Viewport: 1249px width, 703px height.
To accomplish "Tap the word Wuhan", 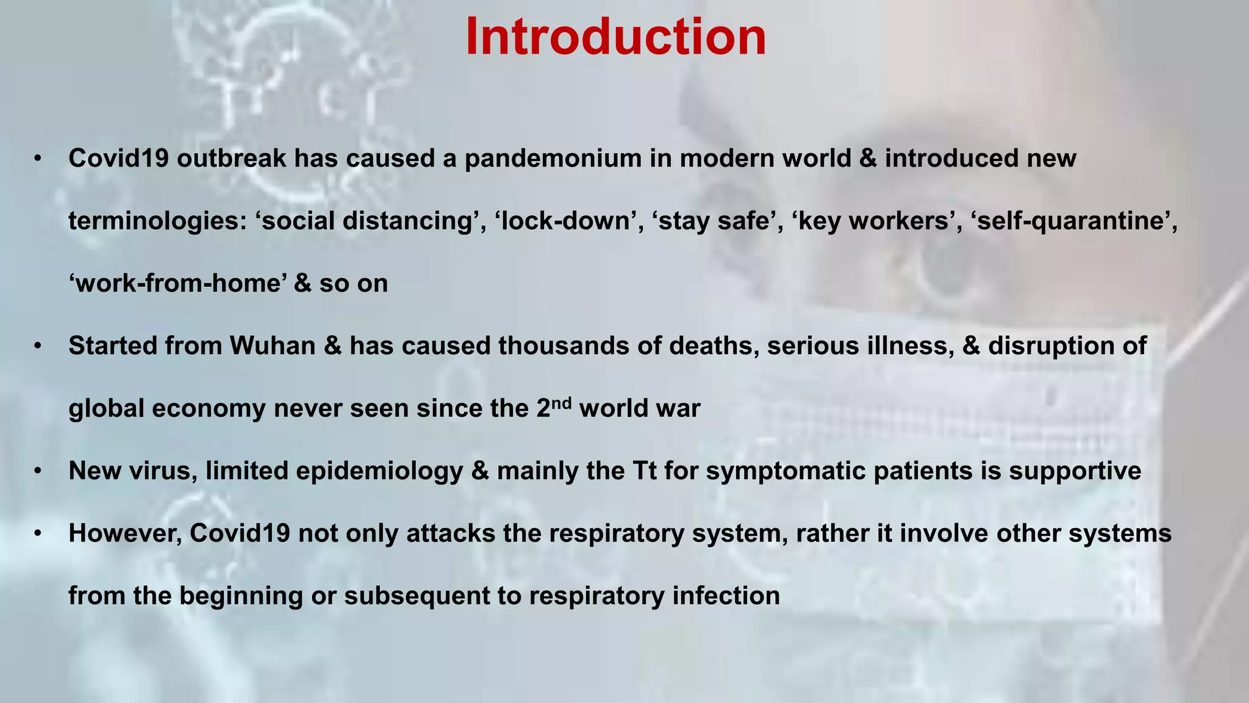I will coord(272,346).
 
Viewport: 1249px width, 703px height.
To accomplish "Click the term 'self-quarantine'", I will coord(1074,221).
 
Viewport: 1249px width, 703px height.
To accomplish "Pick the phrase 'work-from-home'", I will coord(177,284).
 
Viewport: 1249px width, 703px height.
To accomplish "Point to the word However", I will coord(125,534).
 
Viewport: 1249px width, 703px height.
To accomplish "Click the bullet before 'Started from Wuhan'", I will coord(38,347).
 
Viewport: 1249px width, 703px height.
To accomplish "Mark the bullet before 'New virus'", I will coord(38,472).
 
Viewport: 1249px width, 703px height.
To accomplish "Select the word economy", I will coord(209,409).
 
